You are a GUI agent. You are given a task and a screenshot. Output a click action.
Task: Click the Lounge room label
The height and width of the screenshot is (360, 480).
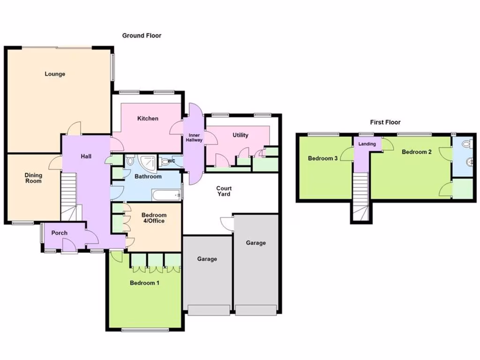[55, 74]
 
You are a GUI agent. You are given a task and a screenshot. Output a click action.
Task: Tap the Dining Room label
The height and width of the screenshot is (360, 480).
[33, 178]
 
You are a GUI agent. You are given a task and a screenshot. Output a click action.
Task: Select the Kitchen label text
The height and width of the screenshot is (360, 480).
[148, 119]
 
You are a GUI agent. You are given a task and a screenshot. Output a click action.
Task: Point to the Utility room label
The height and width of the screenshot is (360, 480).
[240, 135]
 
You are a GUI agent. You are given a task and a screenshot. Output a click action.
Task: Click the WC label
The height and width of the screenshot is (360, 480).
[171, 161]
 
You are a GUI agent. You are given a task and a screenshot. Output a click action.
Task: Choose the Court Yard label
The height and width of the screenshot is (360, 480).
[224, 191]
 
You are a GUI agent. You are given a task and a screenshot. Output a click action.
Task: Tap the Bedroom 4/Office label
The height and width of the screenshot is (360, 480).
[154, 218]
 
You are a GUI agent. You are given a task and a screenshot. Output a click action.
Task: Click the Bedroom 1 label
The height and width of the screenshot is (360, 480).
[145, 283]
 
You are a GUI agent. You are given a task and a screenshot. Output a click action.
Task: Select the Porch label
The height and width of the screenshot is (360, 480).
[59, 233]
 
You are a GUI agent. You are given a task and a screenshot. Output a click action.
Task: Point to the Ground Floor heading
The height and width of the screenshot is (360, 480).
[142, 36]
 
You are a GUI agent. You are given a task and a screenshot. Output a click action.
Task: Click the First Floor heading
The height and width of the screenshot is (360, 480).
[385, 122]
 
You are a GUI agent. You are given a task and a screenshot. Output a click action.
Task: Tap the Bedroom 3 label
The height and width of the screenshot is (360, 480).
[322, 158]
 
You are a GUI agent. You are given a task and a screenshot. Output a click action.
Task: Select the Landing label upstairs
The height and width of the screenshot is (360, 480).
[367, 144]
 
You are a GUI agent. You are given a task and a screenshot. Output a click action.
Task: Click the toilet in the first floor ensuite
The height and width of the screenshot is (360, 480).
[466, 144]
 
